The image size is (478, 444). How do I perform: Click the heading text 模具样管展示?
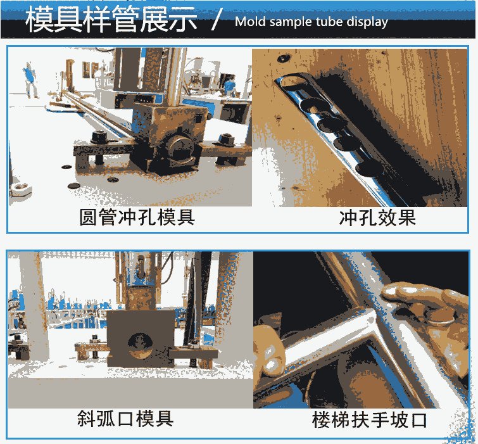[x=111, y=19]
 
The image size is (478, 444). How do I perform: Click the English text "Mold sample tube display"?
[x=311, y=22]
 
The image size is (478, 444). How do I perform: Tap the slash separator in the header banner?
[x=216, y=20]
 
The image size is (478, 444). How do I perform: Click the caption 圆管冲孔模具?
[x=137, y=217]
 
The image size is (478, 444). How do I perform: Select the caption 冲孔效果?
[x=377, y=218]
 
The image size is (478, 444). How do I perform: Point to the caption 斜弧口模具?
[x=125, y=419]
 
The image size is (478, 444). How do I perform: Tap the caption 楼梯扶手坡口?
[x=369, y=419]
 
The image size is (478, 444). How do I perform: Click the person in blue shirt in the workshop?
[x=30, y=80]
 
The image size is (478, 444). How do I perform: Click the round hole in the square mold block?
[x=140, y=345]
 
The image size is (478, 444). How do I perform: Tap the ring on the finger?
[x=440, y=320]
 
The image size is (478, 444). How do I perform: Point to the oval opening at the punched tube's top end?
[x=292, y=81]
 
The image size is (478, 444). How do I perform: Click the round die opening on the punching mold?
[x=180, y=146]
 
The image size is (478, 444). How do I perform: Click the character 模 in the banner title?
[x=40, y=19]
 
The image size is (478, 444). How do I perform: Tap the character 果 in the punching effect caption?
[x=406, y=218]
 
